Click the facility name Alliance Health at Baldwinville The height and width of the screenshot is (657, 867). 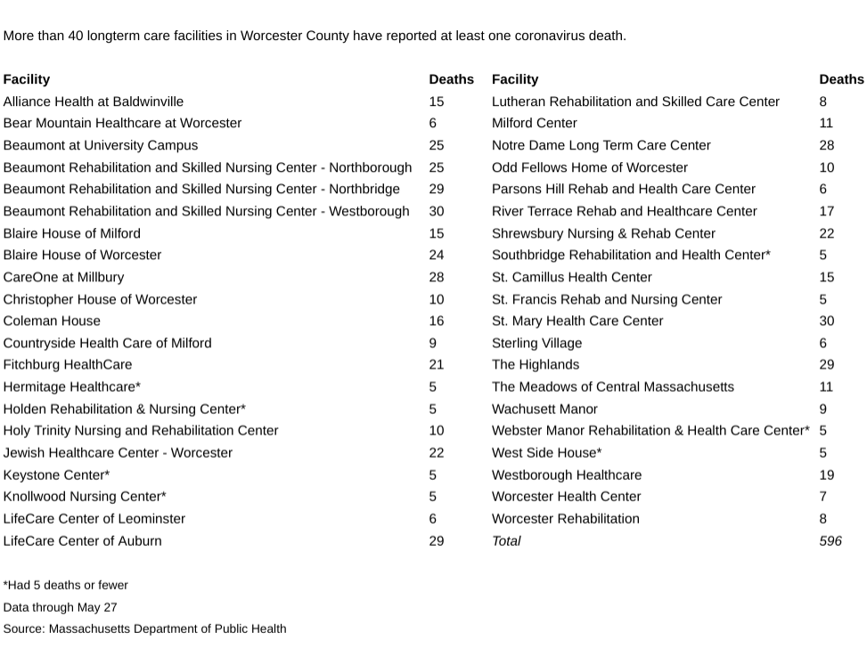point(93,101)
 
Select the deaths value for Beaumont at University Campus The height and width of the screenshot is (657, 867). point(436,145)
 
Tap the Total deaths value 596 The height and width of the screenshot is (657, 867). point(830,540)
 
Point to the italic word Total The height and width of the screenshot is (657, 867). point(506,540)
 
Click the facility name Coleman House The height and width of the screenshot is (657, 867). point(52,320)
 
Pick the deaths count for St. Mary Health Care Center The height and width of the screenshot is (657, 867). point(826,320)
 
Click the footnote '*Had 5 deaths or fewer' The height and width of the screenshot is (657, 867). point(65,585)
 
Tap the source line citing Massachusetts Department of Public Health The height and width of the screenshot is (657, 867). point(144,629)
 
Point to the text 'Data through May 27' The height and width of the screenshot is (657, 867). point(60,607)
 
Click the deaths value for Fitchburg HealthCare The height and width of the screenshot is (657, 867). point(436,364)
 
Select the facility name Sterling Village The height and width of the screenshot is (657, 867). point(536,343)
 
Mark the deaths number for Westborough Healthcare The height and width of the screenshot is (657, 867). point(826,474)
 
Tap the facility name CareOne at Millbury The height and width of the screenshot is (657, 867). point(63,277)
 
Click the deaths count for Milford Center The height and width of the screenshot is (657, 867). point(826,123)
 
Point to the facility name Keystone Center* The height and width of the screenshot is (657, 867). point(56,474)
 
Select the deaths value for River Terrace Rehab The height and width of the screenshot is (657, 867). point(826,211)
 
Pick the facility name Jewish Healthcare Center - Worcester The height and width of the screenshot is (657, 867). point(118,452)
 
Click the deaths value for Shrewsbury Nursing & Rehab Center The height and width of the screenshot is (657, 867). point(826,233)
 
